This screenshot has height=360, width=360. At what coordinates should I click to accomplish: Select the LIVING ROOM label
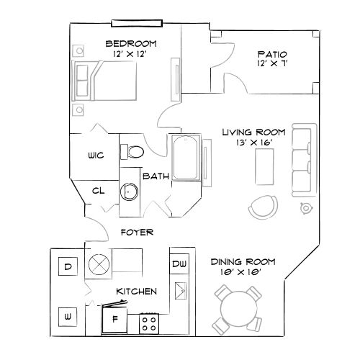[x=253, y=132]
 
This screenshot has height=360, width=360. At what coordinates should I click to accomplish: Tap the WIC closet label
[x=96, y=156]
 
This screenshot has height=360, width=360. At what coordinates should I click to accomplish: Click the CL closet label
[x=99, y=191]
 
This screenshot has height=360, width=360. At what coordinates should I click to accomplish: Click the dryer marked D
[x=68, y=267]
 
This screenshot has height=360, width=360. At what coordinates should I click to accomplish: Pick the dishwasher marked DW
[x=179, y=265]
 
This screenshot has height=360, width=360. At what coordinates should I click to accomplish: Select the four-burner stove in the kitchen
[x=149, y=322]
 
